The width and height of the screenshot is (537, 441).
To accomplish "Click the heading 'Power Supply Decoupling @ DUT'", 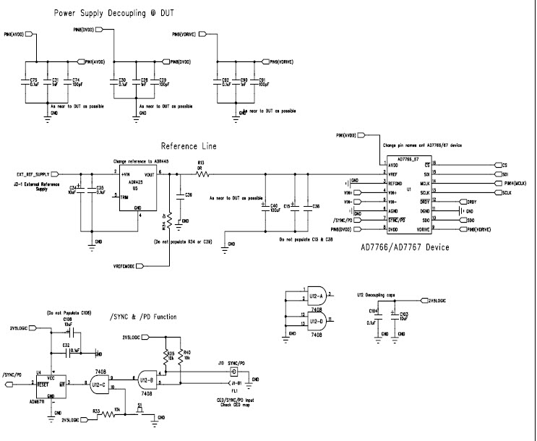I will (113, 14).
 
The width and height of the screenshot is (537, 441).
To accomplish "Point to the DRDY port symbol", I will (471, 202).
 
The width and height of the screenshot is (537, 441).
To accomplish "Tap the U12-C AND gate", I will (98, 385).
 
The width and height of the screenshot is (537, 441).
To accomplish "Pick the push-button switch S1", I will (139, 409).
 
